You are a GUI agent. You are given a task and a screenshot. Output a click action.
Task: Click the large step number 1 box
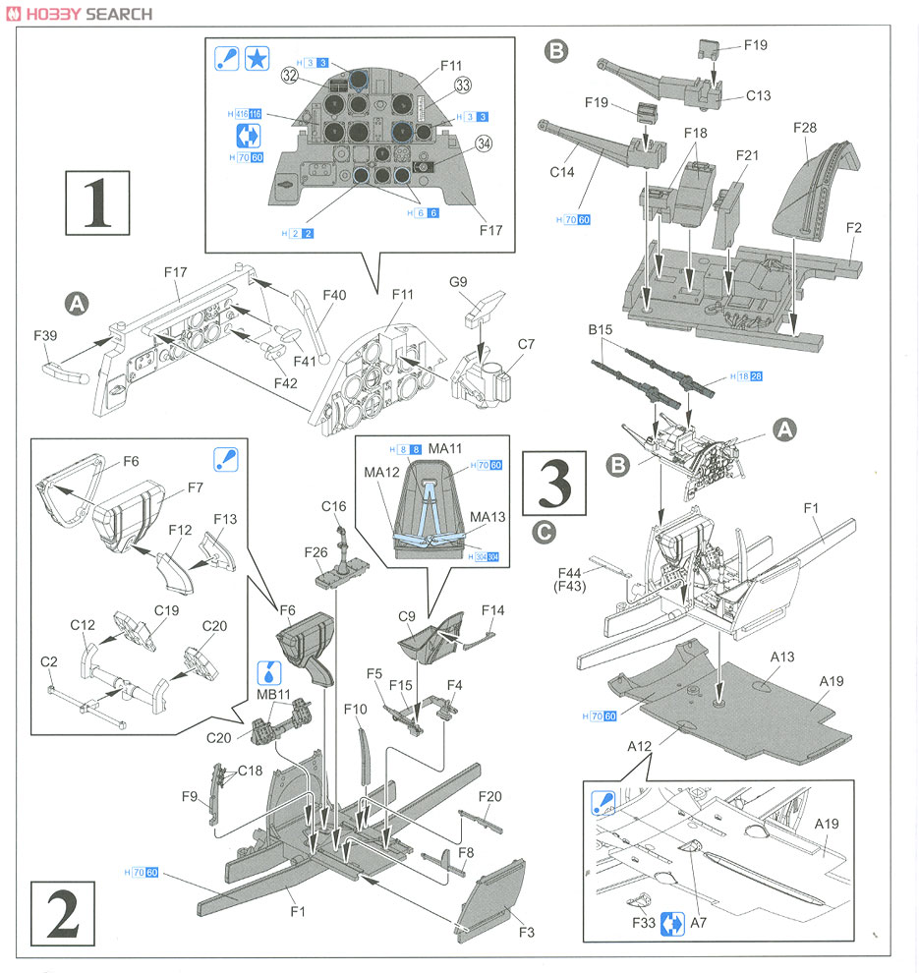click(x=96, y=202)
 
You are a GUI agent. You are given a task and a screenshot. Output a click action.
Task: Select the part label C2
click(x=49, y=661)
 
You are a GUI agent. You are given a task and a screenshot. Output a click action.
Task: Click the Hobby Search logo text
click(x=79, y=14)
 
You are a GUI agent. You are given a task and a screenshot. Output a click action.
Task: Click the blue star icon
click(x=257, y=59)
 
